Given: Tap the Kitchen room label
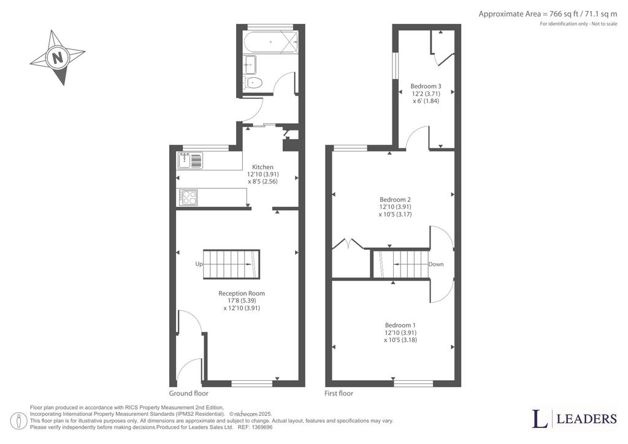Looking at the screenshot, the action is (x=262, y=167).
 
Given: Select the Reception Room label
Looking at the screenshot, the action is (x=242, y=294).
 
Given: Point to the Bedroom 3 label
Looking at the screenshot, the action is (x=426, y=86).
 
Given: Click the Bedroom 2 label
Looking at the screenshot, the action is (x=396, y=199).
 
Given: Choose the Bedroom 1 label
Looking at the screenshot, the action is (x=400, y=325).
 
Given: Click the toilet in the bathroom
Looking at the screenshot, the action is (x=253, y=83).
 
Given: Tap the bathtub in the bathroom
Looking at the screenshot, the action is (x=271, y=42).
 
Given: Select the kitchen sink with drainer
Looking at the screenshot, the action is (x=191, y=161).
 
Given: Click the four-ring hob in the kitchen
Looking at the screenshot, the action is (x=188, y=197).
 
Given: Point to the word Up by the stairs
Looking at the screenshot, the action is (x=199, y=264).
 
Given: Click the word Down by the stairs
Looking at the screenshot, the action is (x=436, y=264).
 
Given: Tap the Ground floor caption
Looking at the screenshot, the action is (x=189, y=393).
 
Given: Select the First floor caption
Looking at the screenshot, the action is (x=339, y=393).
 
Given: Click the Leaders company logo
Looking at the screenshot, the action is (x=574, y=419).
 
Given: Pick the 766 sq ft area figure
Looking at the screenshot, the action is (x=562, y=14).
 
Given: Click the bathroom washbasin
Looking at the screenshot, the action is (x=251, y=65).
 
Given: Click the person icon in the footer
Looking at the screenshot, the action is (x=19, y=421).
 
